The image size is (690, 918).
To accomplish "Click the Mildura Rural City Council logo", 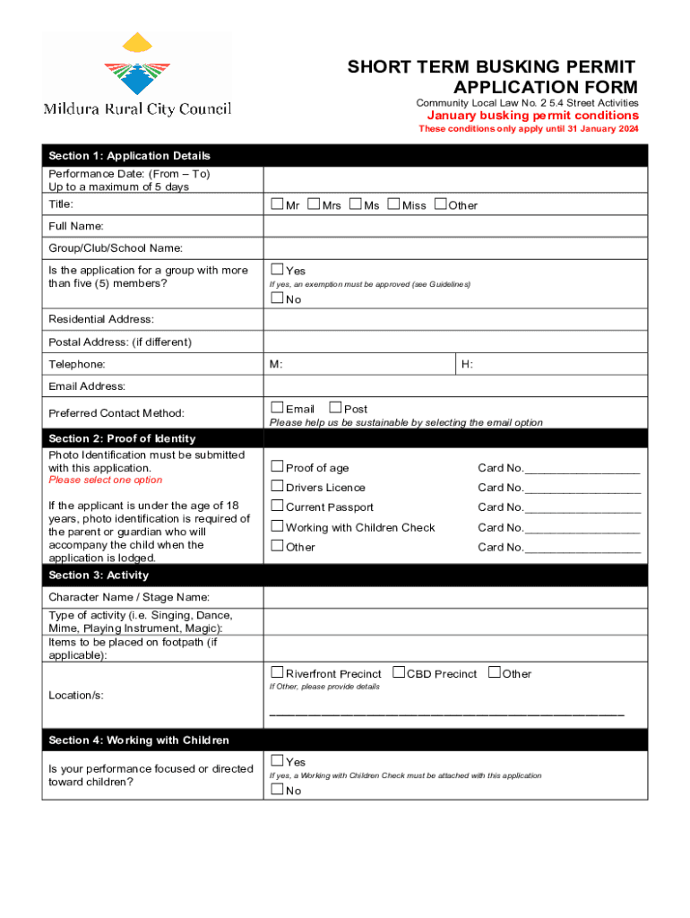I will point(137,75).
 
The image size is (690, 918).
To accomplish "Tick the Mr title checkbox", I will point(277,204).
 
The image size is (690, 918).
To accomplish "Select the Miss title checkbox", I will point(394,204).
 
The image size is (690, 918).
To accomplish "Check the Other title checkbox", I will point(440,204).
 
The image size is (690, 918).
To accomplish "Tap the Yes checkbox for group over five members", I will point(277,269).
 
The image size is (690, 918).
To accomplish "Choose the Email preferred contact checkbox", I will point(277,408).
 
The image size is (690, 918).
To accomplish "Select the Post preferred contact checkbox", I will point(336,408).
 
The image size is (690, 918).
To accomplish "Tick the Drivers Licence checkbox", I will point(277,486).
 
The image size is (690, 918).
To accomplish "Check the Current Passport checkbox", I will point(277,506).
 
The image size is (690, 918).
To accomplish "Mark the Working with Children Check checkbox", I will point(277,526).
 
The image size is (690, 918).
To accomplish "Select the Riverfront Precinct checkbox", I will point(277,672).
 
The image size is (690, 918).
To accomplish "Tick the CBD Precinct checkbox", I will point(399,672).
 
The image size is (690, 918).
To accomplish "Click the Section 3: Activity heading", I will point(99,575).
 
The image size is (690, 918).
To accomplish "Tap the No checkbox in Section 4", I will point(277,790).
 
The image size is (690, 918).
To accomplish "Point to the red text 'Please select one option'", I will point(106,481).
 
